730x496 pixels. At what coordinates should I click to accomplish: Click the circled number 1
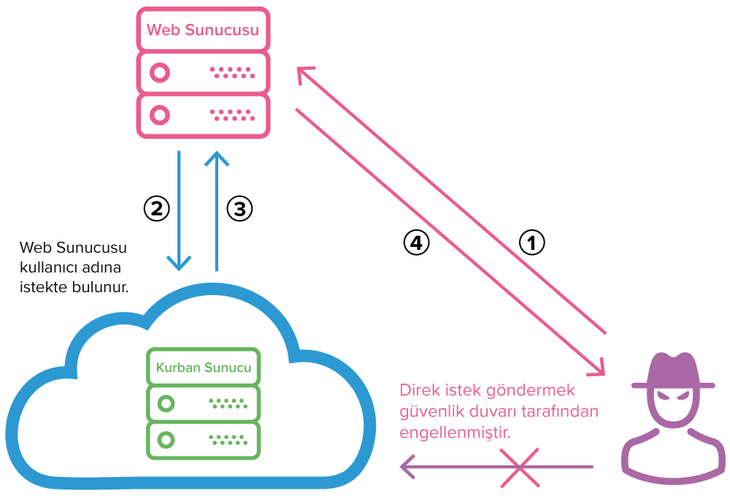click(x=531, y=243)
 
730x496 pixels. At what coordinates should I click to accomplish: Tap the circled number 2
click(x=156, y=209)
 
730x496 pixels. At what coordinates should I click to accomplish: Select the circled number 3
click(x=239, y=209)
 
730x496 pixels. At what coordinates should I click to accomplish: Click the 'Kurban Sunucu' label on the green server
click(x=204, y=367)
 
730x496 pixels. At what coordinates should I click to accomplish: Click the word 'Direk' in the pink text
click(x=418, y=389)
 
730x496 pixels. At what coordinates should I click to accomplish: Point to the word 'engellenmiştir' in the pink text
click(x=455, y=432)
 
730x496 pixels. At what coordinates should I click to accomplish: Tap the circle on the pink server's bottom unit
click(x=159, y=115)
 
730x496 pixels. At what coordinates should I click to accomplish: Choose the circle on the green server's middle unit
click(x=167, y=402)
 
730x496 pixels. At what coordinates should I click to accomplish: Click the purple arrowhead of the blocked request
click(x=407, y=467)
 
